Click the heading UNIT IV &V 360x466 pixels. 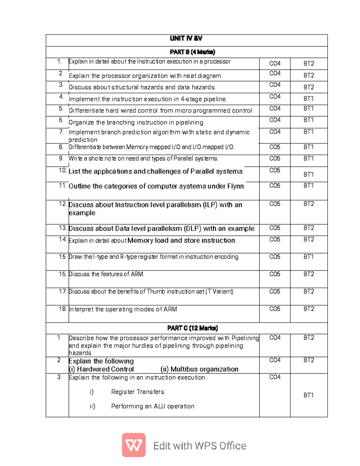(186, 38)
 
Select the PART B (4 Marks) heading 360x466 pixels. (192, 52)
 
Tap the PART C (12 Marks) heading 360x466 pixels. (192, 328)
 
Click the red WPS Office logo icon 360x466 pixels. (134, 445)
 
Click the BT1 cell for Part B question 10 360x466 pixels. (308, 174)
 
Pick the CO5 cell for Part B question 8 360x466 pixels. (274, 147)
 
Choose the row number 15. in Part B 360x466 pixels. (63, 257)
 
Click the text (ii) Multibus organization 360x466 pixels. (199, 369)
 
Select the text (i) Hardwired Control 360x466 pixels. (101, 369)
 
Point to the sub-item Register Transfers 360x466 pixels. (137, 392)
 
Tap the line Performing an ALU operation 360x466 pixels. (153, 406)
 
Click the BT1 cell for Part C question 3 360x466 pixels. (308, 395)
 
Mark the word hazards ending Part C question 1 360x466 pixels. (80, 353)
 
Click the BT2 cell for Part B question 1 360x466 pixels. (308, 64)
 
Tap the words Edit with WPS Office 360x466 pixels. (199, 446)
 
